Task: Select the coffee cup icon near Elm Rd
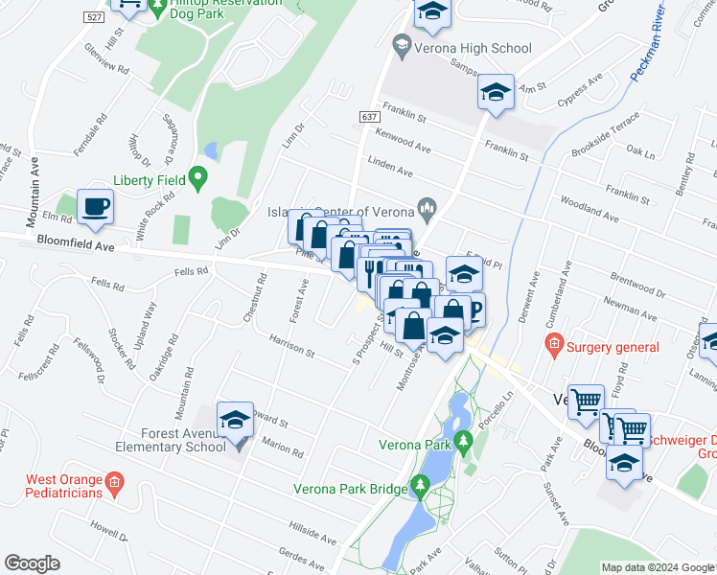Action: tap(95, 206)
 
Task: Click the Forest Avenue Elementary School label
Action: tap(169, 440)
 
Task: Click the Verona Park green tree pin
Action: tap(464, 442)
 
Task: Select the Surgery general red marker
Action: tap(553, 343)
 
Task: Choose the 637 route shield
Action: tap(370, 116)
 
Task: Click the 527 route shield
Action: tap(93, 18)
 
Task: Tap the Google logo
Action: tap(33, 563)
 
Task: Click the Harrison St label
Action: tap(291, 346)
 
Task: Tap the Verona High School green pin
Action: tap(402, 44)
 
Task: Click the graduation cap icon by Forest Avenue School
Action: tap(235, 420)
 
